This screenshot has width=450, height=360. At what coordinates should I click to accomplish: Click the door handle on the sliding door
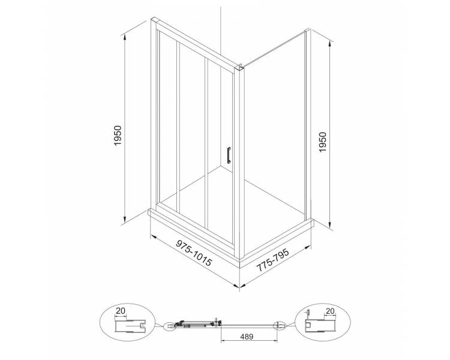[x=229, y=155]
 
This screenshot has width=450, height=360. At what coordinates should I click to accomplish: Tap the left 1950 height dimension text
[x=118, y=136]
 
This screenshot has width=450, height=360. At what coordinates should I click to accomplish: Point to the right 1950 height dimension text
[x=323, y=142]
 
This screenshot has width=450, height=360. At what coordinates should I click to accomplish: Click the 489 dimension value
[x=247, y=336]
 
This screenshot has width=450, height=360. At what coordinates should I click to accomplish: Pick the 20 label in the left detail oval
[x=121, y=310]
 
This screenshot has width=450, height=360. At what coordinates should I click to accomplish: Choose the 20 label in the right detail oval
[x=330, y=311]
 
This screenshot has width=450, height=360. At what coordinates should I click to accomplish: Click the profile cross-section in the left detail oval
[x=131, y=326]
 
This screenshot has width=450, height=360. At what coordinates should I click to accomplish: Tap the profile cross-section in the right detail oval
[x=320, y=326]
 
